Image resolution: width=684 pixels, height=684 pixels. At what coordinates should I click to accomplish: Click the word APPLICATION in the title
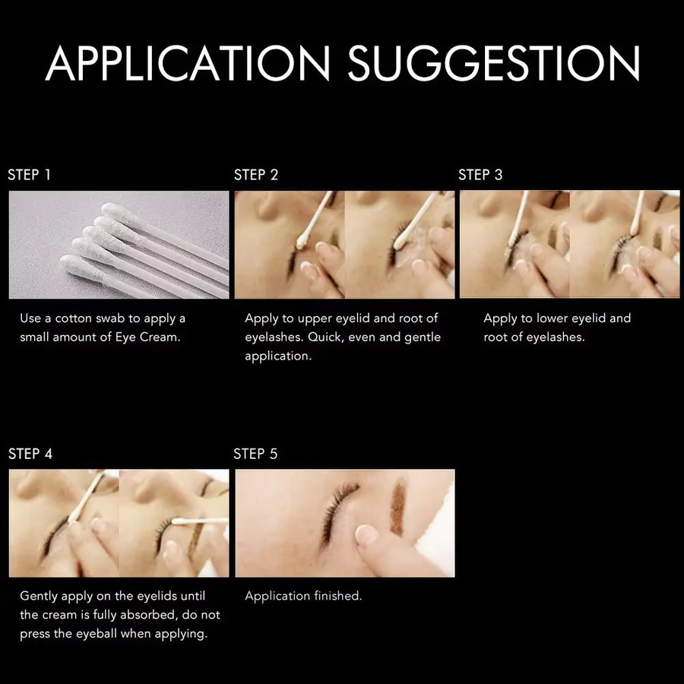[x=188, y=63]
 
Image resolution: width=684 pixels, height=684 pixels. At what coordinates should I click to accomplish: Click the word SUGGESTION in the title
[x=494, y=63]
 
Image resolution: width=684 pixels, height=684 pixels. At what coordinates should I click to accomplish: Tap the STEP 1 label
[x=29, y=175]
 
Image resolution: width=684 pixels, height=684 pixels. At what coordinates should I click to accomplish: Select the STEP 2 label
[x=256, y=175]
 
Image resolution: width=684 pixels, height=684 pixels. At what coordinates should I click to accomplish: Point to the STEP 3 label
[x=480, y=175]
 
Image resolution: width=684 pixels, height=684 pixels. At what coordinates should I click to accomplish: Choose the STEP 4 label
[x=30, y=454]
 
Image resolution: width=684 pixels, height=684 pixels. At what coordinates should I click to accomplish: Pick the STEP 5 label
[x=255, y=454]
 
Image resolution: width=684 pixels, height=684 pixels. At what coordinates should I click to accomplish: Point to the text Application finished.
[x=303, y=596]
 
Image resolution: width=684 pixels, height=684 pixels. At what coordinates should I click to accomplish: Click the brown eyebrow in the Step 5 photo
[x=397, y=506]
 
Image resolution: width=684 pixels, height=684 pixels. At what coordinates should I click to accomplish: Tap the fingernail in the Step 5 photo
[x=366, y=534]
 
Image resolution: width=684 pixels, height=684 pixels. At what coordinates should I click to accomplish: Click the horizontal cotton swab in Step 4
[x=199, y=521]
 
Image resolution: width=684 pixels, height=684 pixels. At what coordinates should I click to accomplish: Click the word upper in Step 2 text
[x=314, y=319]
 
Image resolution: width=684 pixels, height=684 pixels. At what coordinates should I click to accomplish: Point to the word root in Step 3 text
[x=494, y=337]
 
